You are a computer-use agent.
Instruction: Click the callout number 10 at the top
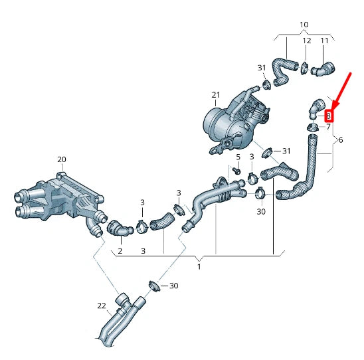pos(304,25)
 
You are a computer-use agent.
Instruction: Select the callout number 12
pos(306,41)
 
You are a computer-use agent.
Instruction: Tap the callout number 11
pos(325,41)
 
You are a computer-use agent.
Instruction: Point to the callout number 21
pos(215,95)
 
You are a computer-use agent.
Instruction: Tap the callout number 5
pos(237,157)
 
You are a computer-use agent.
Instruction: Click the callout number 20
pos(61,159)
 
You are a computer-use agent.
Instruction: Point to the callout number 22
pos(102,306)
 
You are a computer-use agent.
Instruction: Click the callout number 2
pos(120,251)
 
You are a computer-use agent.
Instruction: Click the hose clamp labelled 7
pos(311,127)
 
